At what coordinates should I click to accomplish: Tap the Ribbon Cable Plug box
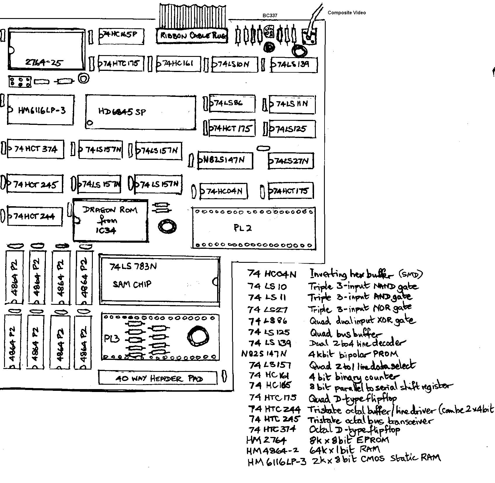coord(192,36)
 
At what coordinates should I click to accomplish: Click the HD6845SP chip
coord(141,112)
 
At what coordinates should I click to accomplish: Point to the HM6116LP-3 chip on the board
coord(41,110)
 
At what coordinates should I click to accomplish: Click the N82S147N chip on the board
coord(225,160)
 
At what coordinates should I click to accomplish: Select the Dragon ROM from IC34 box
coord(110,220)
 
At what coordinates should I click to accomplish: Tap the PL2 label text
coord(243,228)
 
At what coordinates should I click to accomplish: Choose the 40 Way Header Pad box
coord(158,378)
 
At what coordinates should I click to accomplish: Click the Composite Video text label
coord(346,13)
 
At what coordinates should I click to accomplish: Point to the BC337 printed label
coord(270,15)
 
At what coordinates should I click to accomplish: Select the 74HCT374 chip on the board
coord(35,149)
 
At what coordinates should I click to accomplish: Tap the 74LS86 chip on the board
coord(232,103)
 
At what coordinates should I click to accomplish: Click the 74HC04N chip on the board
coord(224,191)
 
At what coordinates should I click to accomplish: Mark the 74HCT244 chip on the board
coord(35,216)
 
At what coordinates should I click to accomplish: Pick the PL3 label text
coord(111,339)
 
